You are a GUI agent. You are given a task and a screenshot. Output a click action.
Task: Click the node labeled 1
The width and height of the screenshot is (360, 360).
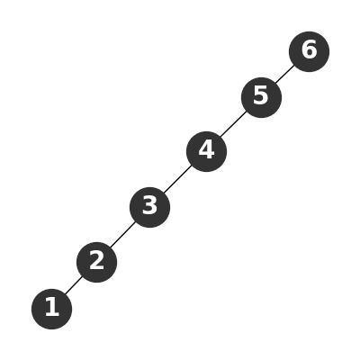tap(51, 309)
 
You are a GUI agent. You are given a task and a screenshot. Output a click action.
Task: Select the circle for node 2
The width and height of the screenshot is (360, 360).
tap(96, 262)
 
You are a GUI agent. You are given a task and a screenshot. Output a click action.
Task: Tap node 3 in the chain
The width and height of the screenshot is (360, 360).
tap(149, 207)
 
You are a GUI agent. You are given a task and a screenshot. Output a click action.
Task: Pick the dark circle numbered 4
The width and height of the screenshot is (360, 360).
tap(206, 151)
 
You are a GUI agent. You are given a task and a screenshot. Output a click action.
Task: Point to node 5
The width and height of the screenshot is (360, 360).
tap(261, 97)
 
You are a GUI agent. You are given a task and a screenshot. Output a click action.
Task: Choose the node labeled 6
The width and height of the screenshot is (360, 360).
tap(309, 51)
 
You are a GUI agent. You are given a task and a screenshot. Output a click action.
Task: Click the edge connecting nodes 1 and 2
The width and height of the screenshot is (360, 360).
tap(74, 285)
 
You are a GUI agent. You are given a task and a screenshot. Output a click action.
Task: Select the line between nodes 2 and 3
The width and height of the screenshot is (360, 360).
tap(123, 235)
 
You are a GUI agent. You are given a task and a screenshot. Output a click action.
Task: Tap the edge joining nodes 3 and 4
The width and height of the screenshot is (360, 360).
tap(178, 179)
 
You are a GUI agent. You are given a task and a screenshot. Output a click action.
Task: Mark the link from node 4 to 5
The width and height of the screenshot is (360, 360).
tap(234, 124)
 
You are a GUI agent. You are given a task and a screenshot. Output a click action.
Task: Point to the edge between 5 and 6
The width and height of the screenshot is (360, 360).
tap(285, 75)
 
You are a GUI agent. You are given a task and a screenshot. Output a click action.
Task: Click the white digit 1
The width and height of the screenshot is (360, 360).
tap(52, 307)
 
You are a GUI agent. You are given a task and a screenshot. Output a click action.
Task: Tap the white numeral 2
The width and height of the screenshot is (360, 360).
tap(96, 260)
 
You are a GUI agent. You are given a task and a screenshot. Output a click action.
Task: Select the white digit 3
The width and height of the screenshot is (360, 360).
tap(149, 205)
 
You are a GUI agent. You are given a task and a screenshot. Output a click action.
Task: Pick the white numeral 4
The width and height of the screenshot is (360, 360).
tap(206, 149)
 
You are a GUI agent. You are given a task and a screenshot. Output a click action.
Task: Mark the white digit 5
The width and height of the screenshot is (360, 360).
tap(261, 95)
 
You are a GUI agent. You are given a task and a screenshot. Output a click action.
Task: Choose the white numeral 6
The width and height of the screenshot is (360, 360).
tap(309, 49)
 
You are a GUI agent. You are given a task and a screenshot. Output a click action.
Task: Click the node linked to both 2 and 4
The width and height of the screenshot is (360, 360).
tap(149, 207)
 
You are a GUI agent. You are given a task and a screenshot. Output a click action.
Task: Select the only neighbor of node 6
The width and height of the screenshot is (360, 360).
tap(261, 97)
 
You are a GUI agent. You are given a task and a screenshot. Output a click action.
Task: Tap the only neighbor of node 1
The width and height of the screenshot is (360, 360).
tap(96, 262)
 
